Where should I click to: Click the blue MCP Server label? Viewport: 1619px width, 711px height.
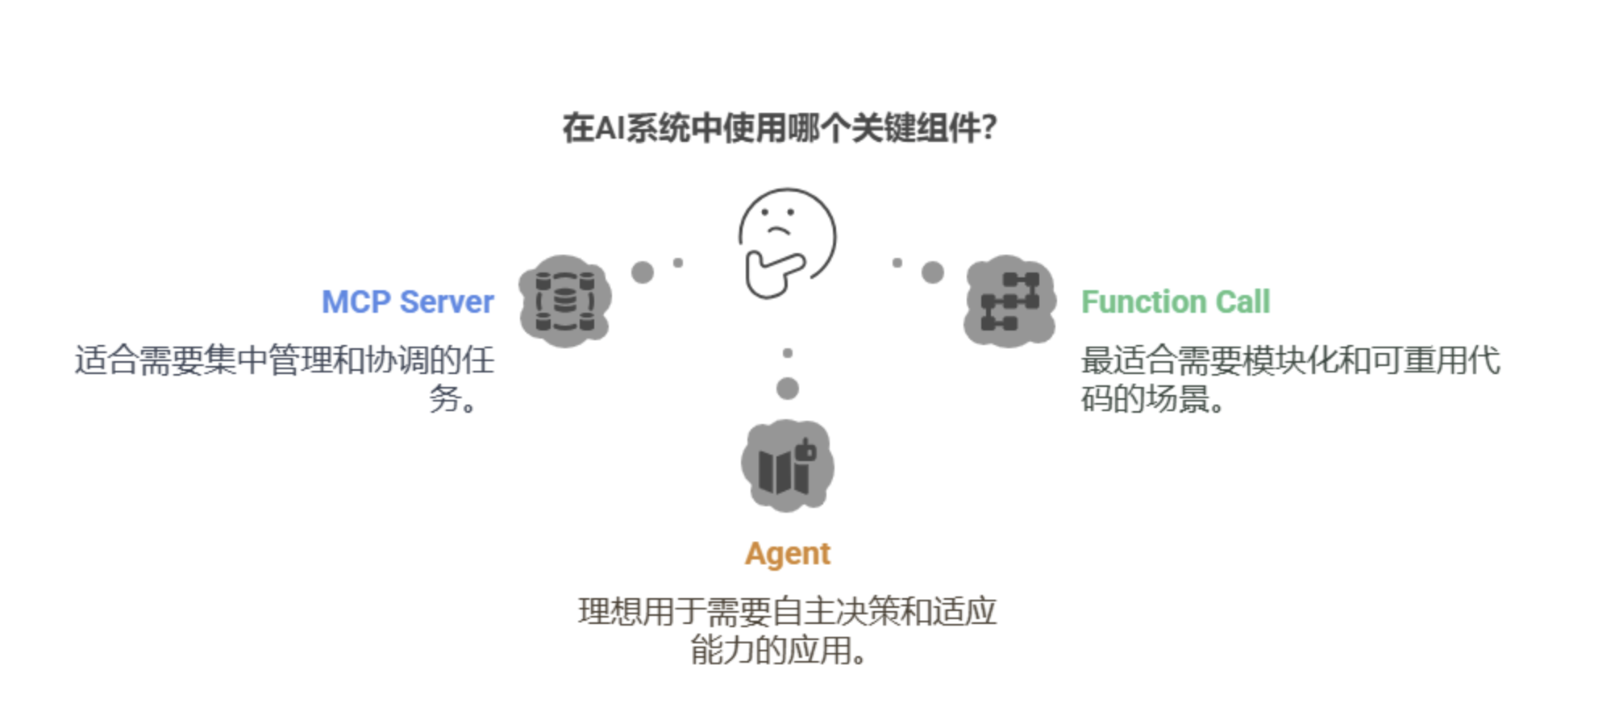click(407, 302)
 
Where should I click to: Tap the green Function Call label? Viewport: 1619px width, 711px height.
click(1175, 302)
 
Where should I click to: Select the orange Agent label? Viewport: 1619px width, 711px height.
click(787, 554)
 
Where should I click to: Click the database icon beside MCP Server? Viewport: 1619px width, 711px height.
click(564, 301)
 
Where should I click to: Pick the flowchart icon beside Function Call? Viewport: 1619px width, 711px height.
click(1009, 301)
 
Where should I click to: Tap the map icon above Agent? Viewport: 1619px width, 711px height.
click(787, 466)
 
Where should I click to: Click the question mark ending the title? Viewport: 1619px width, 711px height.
click(989, 128)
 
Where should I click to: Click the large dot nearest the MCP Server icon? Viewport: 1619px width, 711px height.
click(643, 272)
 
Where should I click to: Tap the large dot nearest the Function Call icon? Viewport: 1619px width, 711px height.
click(933, 272)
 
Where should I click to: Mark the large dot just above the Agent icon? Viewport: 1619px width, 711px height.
click(788, 389)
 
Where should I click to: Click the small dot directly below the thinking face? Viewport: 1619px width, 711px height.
click(788, 353)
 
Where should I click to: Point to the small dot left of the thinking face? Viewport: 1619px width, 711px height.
click(678, 263)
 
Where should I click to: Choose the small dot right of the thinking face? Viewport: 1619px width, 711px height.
click(897, 263)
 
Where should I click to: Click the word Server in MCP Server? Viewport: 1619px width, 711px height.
click(447, 302)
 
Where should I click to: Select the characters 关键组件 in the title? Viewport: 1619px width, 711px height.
click(915, 128)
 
